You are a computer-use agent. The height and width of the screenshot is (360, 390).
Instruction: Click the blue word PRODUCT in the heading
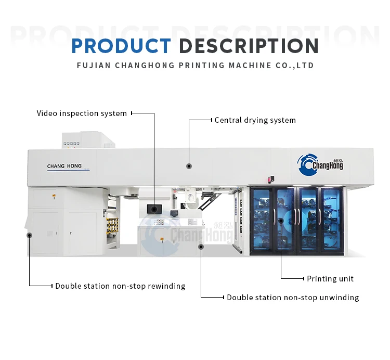tap(121, 46)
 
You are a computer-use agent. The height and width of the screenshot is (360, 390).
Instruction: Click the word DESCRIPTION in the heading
tap(249, 46)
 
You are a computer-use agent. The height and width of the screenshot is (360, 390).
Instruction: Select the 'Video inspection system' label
tap(82, 113)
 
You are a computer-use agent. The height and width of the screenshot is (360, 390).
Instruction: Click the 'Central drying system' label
tap(255, 120)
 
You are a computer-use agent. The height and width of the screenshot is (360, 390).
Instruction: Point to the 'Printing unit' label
tap(330, 279)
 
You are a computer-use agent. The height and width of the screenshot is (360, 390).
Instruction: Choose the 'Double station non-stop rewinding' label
tap(120, 286)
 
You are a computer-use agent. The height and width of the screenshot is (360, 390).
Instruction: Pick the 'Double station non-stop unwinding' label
tap(293, 298)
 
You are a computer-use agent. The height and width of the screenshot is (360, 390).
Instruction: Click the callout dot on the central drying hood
tap(189, 166)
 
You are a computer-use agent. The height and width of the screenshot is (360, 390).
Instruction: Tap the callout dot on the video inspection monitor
tap(154, 210)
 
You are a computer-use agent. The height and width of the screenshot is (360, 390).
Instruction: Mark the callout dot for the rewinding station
tap(29, 235)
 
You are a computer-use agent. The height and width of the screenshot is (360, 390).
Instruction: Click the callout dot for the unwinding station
tap(201, 247)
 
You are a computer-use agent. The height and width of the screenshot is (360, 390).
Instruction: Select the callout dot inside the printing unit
tap(281, 221)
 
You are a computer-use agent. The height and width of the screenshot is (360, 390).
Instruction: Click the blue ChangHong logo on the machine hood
tap(320, 164)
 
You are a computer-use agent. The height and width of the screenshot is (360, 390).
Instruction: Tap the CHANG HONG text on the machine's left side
tap(64, 166)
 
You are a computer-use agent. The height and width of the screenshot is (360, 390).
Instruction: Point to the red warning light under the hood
tap(271, 179)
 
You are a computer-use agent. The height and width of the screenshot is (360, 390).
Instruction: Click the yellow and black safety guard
tap(112, 225)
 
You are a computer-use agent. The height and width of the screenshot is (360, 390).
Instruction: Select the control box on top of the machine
tap(88, 140)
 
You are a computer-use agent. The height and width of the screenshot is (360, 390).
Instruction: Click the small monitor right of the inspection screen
tap(174, 213)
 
